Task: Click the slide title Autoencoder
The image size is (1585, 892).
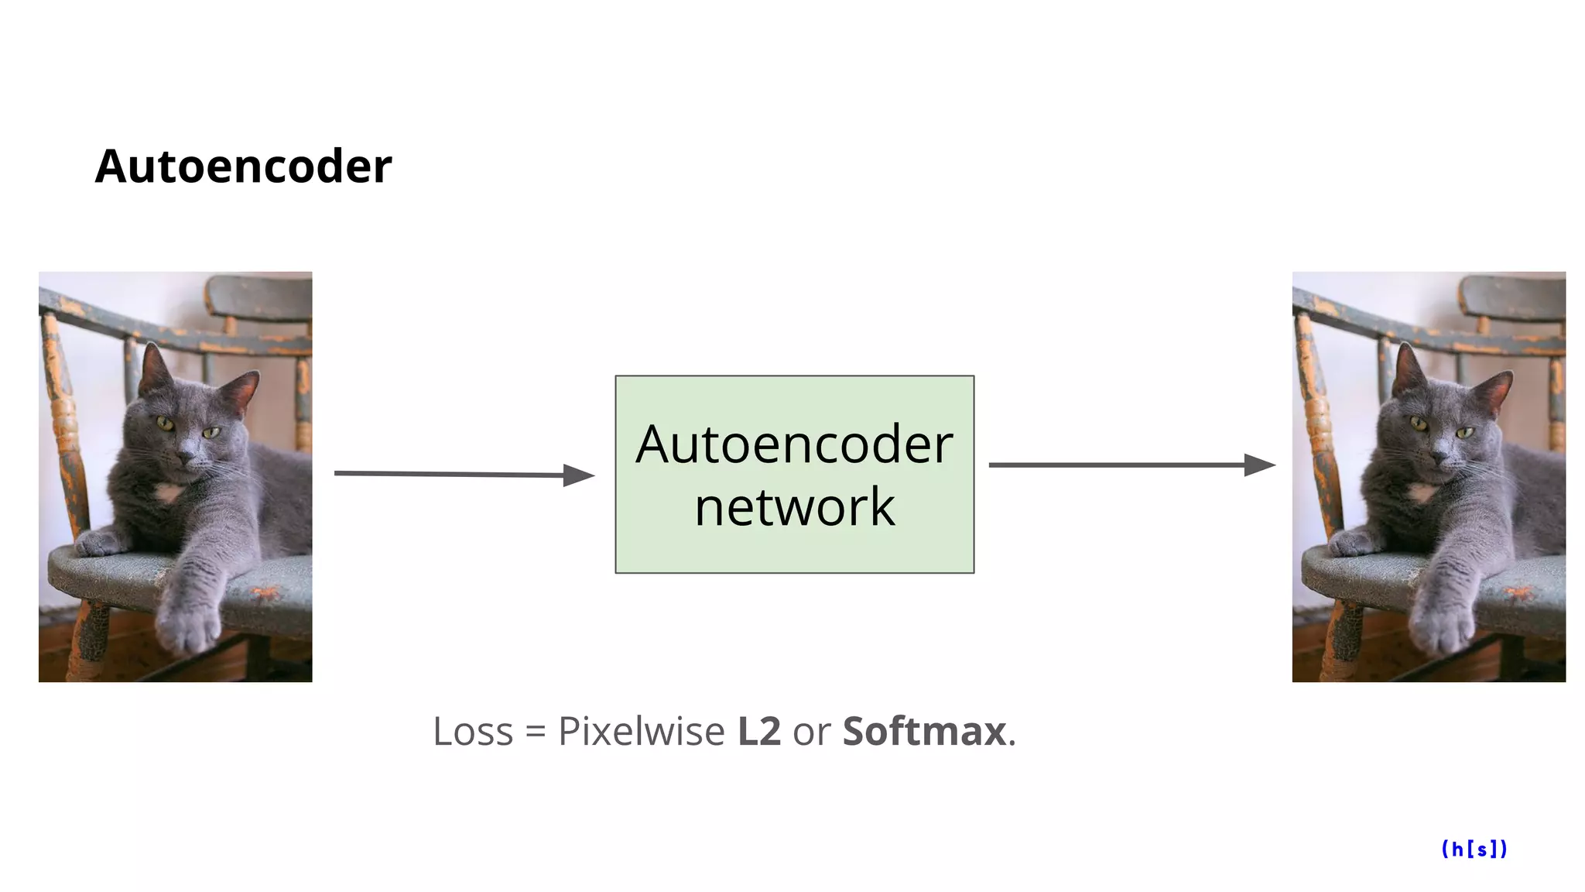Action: tap(243, 166)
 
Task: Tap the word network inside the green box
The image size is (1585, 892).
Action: tap(794, 507)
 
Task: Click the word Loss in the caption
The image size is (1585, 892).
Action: tap(473, 732)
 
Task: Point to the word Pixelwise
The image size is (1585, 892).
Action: tap(641, 732)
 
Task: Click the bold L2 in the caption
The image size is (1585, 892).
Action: tap(758, 732)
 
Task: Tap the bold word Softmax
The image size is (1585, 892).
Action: tap(924, 732)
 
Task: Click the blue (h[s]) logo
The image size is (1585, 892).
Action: tap(1474, 849)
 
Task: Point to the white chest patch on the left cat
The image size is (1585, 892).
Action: tap(168, 492)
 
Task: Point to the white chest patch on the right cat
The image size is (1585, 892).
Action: tap(1422, 492)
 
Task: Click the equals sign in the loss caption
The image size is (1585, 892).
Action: tap(536, 732)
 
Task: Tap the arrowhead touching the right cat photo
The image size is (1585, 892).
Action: tap(1259, 465)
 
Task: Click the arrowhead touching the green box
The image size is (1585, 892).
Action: tap(578, 475)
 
